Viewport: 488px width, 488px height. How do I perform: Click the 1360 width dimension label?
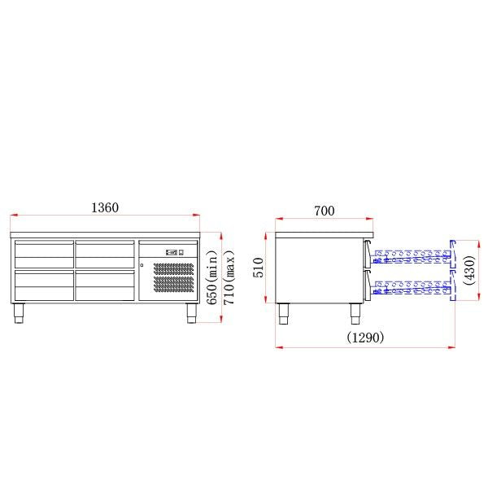click(x=105, y=207)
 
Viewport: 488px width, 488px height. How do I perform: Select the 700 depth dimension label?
click(x=324, y=211)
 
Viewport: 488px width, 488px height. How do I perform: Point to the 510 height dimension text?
click(x=259, y=268)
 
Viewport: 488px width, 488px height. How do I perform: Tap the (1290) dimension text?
click(x=365, y=337)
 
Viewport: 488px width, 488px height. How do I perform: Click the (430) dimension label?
click(x=469, y=269)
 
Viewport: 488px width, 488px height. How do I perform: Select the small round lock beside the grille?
click(x=142, y=265)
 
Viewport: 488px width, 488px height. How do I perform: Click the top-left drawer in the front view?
click(x=43, y=254)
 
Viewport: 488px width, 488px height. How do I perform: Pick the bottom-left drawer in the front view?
click(x=43, y=285)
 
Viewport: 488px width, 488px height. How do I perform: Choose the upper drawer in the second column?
click(x=104, y=254)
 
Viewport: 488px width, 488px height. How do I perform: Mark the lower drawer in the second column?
click(x=104, y=285)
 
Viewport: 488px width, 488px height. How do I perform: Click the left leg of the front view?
click(x=20, y=313)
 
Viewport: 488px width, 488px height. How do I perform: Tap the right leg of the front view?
click(x=192, y=313)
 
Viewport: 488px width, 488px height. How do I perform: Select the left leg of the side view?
click(x=284, y=313)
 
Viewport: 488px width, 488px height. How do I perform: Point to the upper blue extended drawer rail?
click(x=411, y=256)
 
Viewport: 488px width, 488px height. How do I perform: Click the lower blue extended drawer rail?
click(x=411, y=285)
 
